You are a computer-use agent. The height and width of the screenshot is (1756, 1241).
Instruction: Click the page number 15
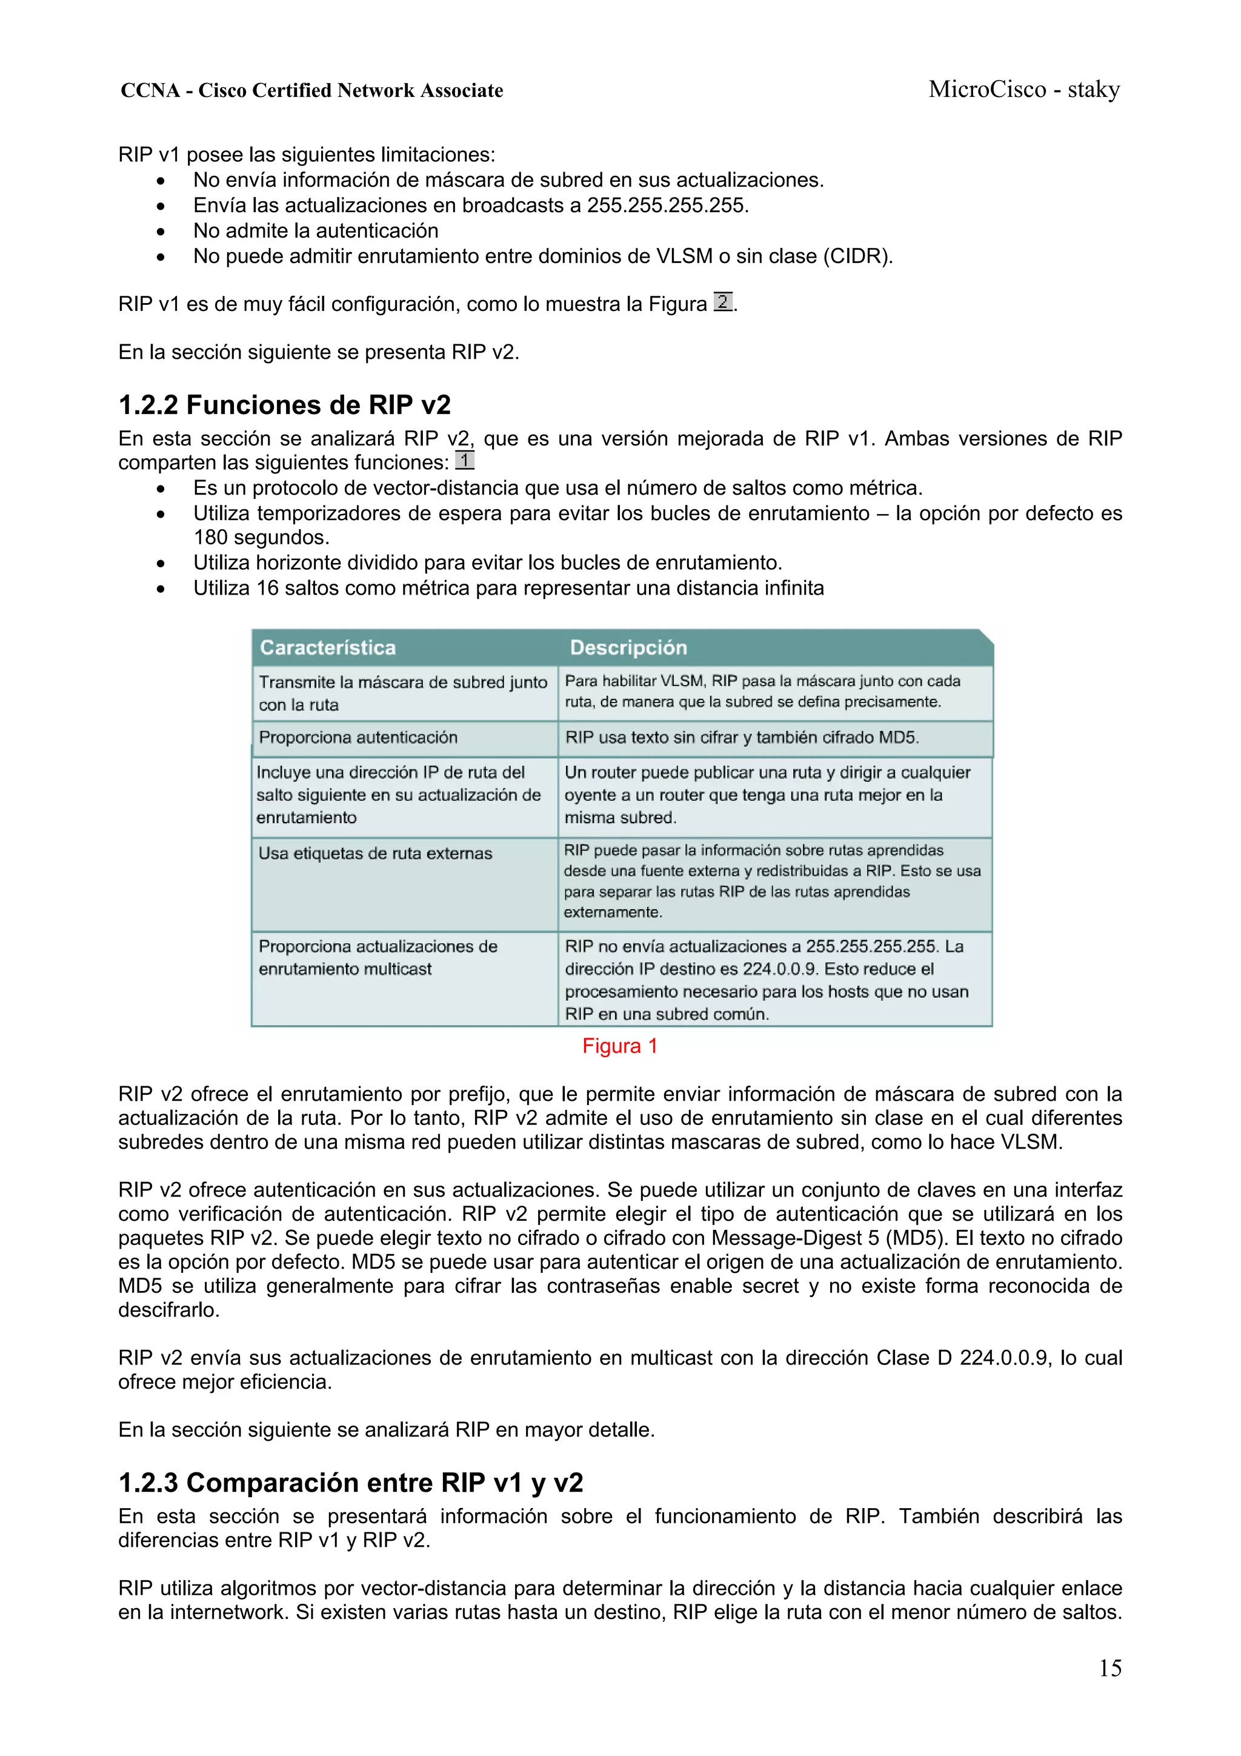click(x=1110, y=1668)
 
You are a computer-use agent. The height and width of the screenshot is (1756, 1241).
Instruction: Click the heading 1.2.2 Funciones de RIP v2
click(x=284, y=404)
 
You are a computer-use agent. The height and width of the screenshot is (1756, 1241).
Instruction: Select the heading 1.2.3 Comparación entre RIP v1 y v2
click(x=350, y=1482)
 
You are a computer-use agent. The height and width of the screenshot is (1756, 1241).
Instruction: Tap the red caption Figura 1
click(x=619, y=1046)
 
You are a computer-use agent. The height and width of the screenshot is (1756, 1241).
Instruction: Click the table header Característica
click(x=327, y=648)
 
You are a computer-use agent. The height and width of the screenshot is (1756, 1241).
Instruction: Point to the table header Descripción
click(x=628, y=648)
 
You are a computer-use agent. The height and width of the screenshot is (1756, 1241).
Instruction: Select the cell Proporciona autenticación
click(x=358, y=737)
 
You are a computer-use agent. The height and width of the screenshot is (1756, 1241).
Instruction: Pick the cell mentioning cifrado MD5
click(x=742, y=737)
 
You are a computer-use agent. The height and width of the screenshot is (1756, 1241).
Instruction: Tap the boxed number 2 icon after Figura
click(x=722, y=302)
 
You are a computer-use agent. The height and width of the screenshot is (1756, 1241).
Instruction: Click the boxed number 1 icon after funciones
click(x=464, y=461)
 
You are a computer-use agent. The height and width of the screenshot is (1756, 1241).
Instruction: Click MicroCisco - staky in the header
click(x=1024, y=90)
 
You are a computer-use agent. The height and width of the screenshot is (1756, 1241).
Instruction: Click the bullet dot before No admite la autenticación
click(x=161, y=232)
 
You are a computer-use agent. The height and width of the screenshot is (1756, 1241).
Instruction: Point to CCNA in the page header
click(x=150, y=90)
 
